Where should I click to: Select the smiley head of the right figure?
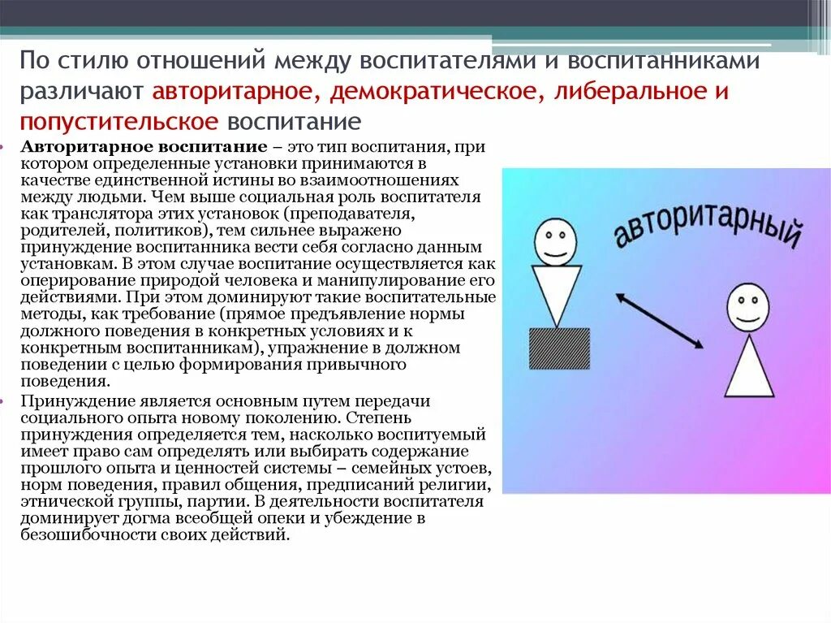tap(747, 307)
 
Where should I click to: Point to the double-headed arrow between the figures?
tap(660, 321)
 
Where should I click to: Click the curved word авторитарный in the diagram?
tap(708, 220)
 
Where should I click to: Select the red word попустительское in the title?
tap(120, 121)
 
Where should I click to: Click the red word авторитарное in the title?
tap(235, 91)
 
